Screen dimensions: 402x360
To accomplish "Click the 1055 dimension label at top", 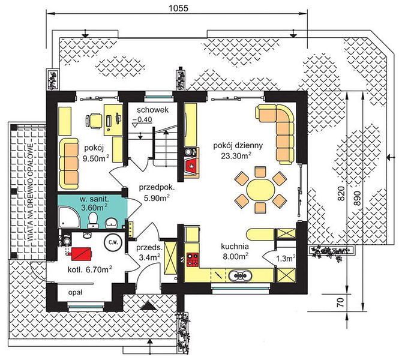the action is click(x=178, y=8).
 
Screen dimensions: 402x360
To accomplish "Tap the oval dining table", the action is click(x=260, y=190).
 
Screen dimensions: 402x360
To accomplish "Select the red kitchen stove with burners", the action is click(x=193, y=259).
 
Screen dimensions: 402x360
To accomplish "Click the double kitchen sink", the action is click(x=240, y=276).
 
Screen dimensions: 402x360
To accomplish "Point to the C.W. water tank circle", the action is click(x=112, y=242).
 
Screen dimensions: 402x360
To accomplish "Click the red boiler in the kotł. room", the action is click(x=81, y=254).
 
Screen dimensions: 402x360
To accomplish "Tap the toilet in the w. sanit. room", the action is click(x=92, y=221).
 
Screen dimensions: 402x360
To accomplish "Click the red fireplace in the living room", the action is click(x=191, y=166).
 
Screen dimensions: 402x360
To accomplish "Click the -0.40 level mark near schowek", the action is click(x=143, y=119).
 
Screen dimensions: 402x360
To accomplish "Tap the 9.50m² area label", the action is click(x=95, y=158).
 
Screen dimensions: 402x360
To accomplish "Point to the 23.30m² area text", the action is click(x=236, y=155).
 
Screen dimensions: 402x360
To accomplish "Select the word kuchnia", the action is click(x=235, y=247).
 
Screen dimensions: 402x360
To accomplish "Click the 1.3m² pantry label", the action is click(x=286, y=258).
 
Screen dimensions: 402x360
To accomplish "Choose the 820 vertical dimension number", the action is click(x=341, y=193).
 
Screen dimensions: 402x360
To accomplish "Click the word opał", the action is click(x=75, y=293).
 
